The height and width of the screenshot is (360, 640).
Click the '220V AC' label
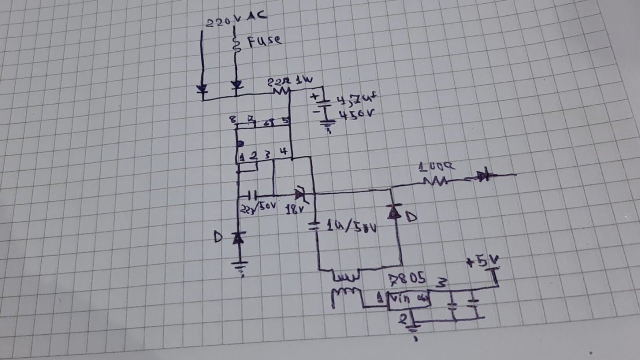[x=237, y=19]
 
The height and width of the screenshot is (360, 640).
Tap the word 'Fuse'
[x=262, y=40]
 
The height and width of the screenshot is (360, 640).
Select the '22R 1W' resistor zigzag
[x=281, y=90]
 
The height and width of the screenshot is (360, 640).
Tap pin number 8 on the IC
[x=232, y=119]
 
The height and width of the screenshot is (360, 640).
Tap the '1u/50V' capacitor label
[x=350, y=228]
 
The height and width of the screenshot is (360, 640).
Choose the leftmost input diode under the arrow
[x=202, y=89]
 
